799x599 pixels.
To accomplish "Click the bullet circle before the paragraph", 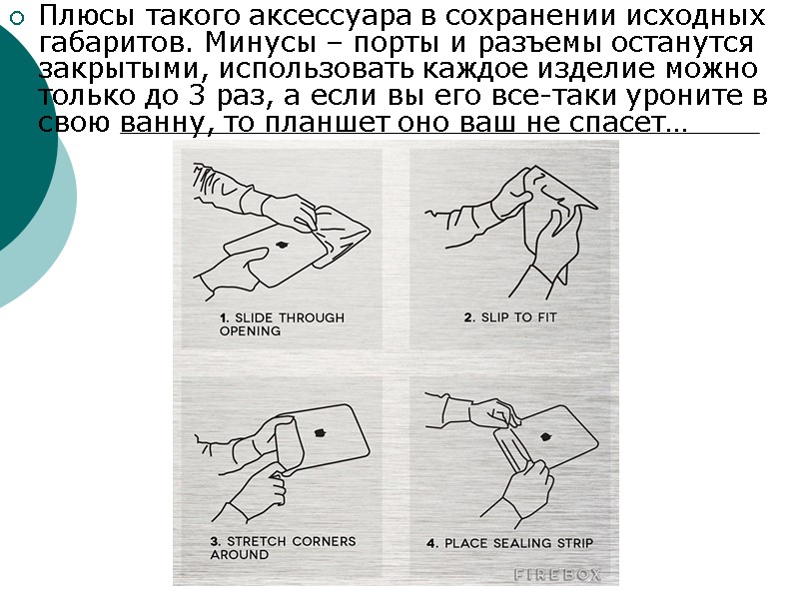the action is [x=17, y=19].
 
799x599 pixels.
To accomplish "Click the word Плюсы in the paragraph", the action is [x=86, y=17].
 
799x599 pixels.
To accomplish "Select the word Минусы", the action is [x=261, y=43].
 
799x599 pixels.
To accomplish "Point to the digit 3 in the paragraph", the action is [x=196, y=95].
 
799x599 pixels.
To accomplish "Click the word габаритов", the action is [x=115, y=44].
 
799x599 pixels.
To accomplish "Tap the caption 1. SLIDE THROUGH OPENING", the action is [x=282, y=323].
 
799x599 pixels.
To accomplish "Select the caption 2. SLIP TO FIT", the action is [x=510, y=317].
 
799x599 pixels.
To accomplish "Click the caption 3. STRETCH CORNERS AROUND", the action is [x=283, y=547].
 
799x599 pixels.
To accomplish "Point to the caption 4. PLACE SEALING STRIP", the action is [x=510, y=543].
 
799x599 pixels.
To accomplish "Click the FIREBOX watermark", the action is [x=557, y=575].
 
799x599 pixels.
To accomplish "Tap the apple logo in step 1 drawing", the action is [x=281, y=246].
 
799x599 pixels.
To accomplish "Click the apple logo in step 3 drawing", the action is [x=320, y=433].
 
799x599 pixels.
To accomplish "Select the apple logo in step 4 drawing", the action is [x=545, y=437].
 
